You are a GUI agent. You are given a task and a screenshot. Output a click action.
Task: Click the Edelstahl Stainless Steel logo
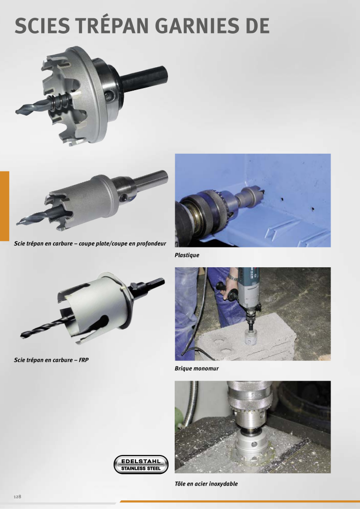[x=141, y=465]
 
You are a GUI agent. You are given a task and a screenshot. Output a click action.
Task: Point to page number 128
[x=17, y=497]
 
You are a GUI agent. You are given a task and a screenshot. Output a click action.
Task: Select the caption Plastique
[x=187, y=255]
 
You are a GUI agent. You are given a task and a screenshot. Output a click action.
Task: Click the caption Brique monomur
[x=197, y=369]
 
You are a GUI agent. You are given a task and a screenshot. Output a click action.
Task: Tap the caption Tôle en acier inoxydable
[x=206, y=484]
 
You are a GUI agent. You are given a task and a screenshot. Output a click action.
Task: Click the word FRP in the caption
[x=84, y=360]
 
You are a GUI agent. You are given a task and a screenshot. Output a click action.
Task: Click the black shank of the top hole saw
[x=145, y=78]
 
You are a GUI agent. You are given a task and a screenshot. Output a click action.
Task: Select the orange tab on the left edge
[x=5, y=206]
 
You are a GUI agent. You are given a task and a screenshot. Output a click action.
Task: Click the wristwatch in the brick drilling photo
[x=232, y=277]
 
